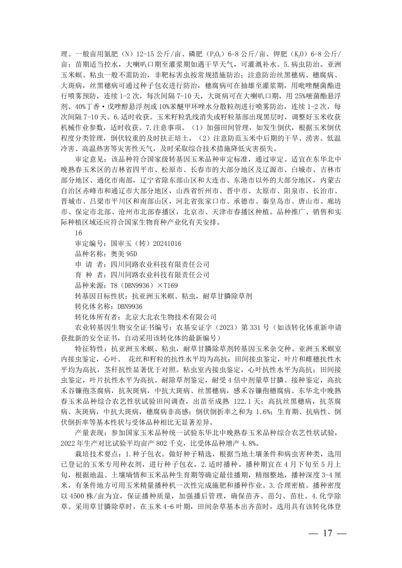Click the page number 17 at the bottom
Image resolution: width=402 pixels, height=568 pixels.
point(327,533)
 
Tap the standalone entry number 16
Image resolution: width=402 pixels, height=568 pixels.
point(79,233)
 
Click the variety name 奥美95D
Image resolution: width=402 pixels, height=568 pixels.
point(124,254)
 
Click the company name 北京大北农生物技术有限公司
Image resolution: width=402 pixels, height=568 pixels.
point(171,317)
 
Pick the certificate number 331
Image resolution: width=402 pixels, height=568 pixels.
point(255,327)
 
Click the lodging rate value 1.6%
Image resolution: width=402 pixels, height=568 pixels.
point(263,412)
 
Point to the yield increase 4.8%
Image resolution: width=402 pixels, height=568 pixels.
point(250,443)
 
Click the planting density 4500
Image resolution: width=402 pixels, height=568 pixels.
point(77,496)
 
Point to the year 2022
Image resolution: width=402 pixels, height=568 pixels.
point(68,443)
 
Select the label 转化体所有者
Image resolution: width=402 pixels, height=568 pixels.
point(96,317)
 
